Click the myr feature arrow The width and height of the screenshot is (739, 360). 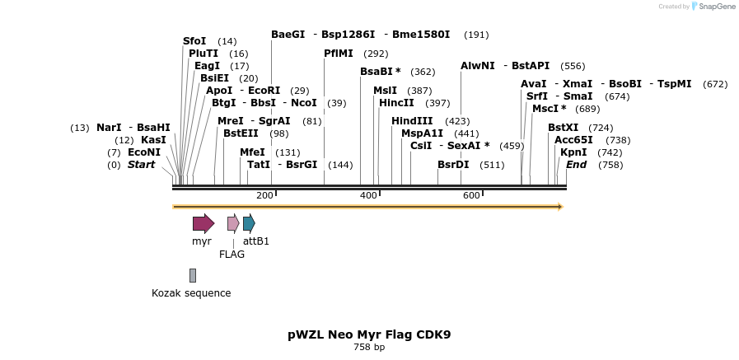203,223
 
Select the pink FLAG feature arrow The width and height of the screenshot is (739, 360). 233,222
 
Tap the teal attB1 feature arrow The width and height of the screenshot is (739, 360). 249,222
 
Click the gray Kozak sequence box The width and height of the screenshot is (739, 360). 193,275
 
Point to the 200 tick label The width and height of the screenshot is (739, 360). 264,195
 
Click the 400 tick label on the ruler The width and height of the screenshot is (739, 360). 368,195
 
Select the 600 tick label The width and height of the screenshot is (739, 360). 471,195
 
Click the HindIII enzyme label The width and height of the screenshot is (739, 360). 412,121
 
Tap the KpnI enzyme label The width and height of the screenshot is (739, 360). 573,152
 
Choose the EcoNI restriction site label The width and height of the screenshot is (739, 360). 144,152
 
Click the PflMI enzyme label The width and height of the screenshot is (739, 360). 339,54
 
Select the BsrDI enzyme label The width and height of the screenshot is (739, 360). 453,165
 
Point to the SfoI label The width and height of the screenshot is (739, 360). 194,41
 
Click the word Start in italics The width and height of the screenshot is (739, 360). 141,165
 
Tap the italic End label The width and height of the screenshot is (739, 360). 576,165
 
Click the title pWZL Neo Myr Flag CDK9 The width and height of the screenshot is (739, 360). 369,334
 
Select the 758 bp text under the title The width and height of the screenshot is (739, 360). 369,348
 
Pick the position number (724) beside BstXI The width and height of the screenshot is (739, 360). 601,128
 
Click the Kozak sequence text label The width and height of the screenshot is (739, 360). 191,293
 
